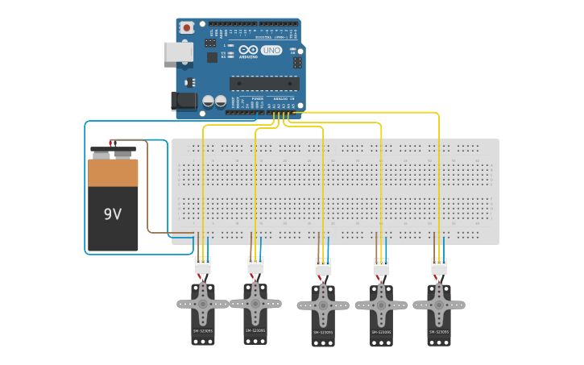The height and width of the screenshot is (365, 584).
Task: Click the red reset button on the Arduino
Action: click(x=187, y=27)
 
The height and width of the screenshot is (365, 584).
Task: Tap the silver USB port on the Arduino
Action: click(x=177, y=52)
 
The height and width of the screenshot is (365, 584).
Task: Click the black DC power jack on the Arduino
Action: click(x=184, y=101)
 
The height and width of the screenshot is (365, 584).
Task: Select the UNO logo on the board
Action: click(x=271, y=50)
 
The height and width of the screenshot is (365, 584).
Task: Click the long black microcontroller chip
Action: click(x=264, y=83)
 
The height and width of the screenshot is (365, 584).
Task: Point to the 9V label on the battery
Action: click(x=113, y=214)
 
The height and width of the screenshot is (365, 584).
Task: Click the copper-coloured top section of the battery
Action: click(x=113, y=173)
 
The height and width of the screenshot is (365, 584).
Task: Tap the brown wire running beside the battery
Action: click(x=147, y=193)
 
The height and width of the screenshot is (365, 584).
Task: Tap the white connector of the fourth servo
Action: click(x=382, y=266)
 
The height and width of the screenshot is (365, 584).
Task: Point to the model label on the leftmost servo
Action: click(x=203, y=331)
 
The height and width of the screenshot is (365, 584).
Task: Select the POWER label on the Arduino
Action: click(x=257, y=98)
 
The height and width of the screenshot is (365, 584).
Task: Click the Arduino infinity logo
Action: click(x=248, y=50)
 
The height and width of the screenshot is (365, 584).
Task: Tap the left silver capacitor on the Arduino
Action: click(x=208, y=101)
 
